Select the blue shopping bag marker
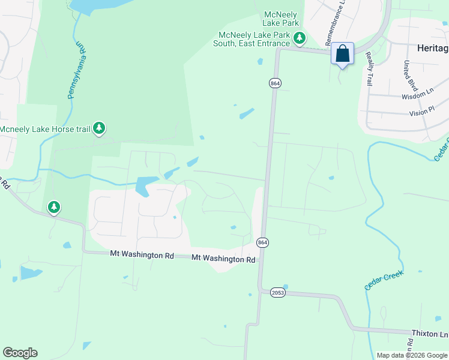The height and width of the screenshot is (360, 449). pyautogui.click(x=342, y=54)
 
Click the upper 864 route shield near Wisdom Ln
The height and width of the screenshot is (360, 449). pyautogui.click(x=275, y=83)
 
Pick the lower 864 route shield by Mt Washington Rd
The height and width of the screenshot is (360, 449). pyautogui.click(x=262, y=242)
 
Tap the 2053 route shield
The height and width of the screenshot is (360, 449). pyautogui.click(x=277, y=293)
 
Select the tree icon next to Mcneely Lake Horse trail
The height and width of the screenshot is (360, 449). pyautogui.click(x=100, y=128)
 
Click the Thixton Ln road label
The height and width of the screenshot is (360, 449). pyautogui.click(x=429, y=332)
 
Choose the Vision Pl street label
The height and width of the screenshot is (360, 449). pyautogui.click(x=422, y=112)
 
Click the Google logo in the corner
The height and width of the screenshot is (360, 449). pyautogui.click(x=20, y=353)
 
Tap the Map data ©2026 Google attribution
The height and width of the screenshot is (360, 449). pyautogui.click(x=411, y=355)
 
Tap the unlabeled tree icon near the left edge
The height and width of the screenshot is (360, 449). pyautogui.click(x=54, y=208)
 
